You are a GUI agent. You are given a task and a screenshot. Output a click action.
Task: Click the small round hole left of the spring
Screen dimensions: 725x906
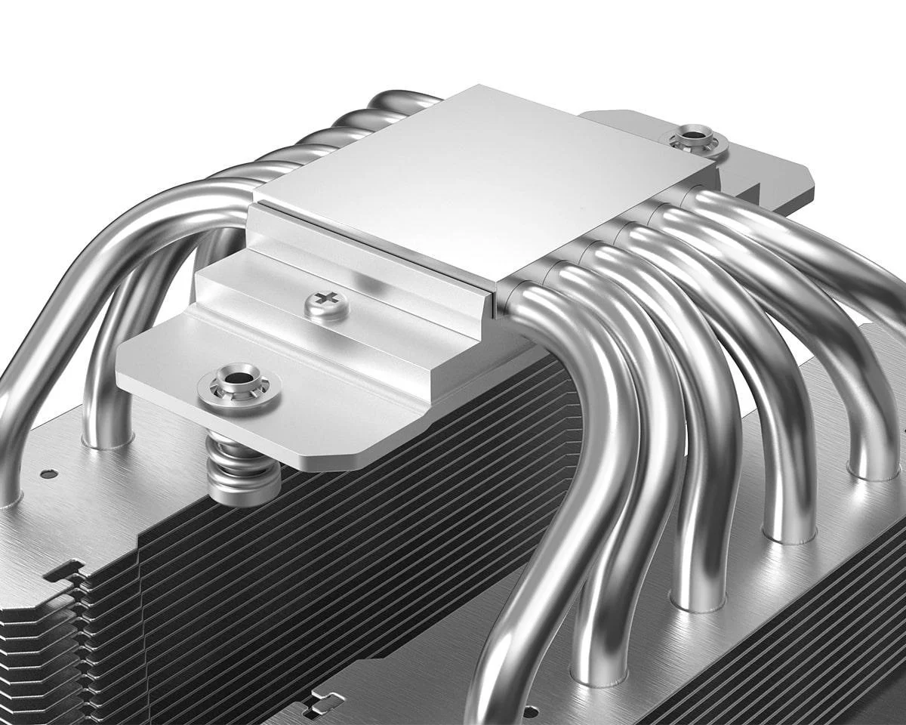[x=48, y=474]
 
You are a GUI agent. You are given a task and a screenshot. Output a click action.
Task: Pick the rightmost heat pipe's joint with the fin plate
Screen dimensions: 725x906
[x=874, y=471]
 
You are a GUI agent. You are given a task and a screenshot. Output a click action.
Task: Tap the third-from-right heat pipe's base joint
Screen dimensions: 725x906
[x=697, y=601]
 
